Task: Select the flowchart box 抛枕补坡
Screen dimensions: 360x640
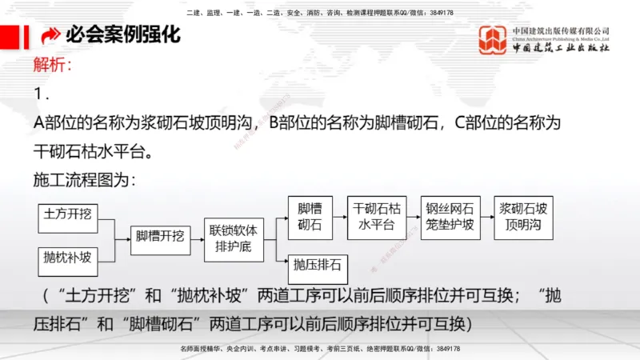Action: tap(69, 258)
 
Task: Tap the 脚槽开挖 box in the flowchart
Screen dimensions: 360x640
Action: tap(161, 236)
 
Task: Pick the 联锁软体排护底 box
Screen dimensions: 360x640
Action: tap(234, 237)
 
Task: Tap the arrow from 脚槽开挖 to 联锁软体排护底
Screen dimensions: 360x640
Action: tap(197, 236)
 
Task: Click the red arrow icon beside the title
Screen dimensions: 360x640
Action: tap(50, 36)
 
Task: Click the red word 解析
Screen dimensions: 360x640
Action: tap(53, 65)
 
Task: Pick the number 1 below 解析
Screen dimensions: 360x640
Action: tap(42, 94)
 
